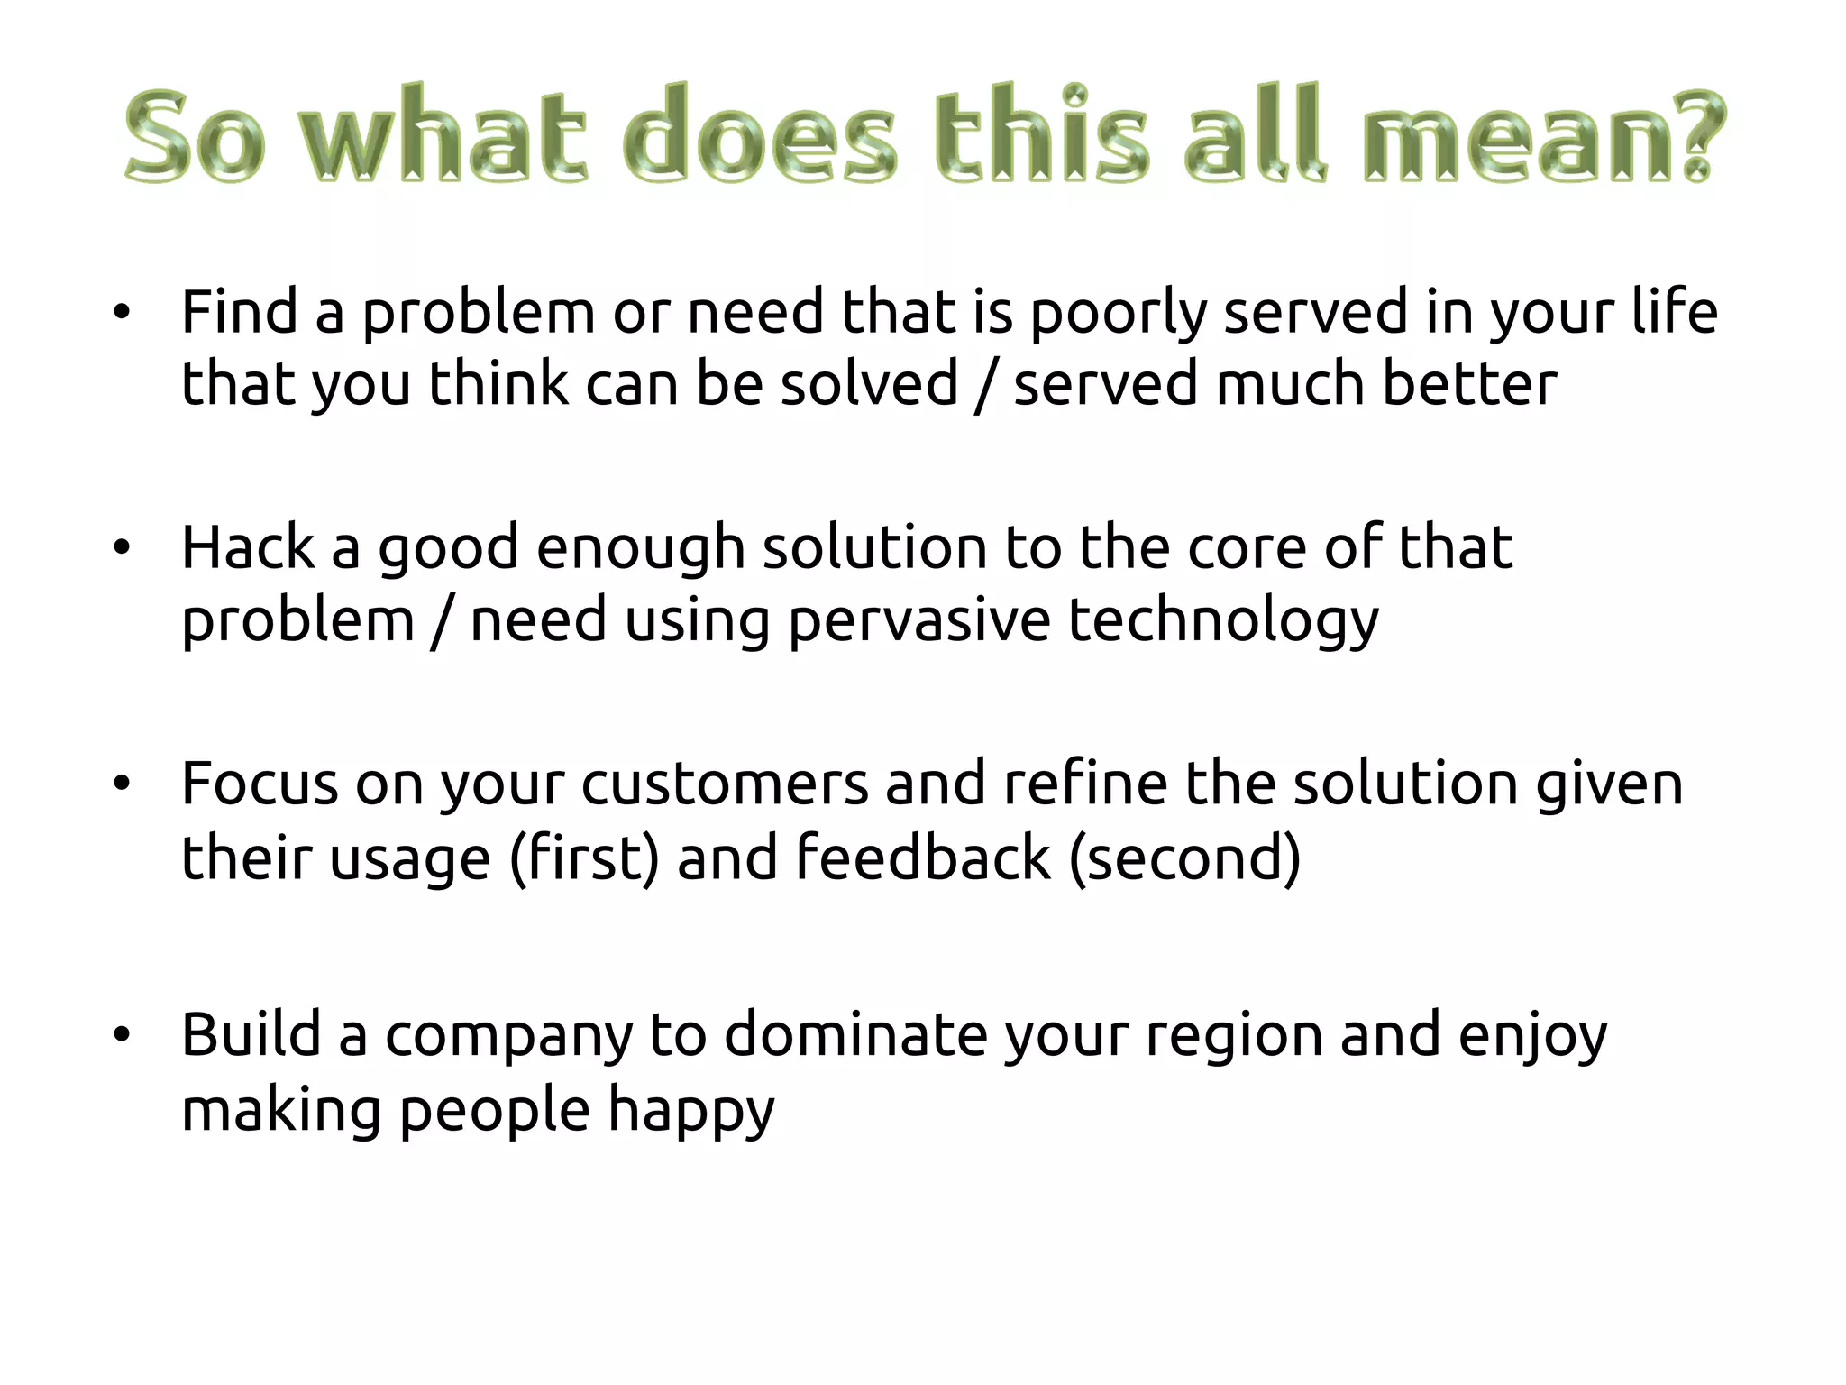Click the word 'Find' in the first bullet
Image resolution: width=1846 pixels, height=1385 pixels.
pos(239,312)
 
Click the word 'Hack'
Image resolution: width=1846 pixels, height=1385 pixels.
pos(248,548)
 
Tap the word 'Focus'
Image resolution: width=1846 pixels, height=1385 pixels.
pos(260,784)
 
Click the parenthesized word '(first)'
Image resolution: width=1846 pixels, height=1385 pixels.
pos(584,858)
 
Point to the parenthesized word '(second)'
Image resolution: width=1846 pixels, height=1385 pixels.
pos(1184,858)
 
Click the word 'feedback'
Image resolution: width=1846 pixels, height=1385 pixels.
pos(923,857)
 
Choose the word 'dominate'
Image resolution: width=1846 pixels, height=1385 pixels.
pos(855,1035)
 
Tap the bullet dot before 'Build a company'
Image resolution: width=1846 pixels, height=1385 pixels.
pos(122,1035)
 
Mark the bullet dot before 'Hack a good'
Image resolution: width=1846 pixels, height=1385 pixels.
pos(122,548)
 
